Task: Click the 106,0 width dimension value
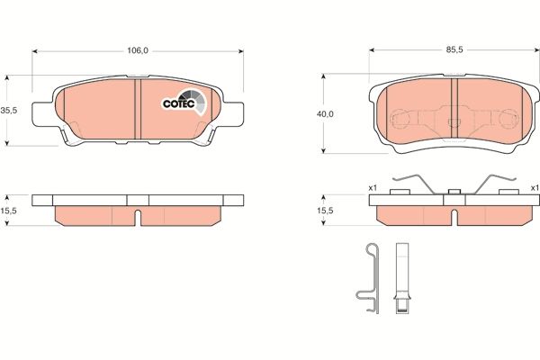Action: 136,50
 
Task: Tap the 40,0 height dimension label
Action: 324,114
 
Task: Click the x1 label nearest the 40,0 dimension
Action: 372,188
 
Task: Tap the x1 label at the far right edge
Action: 534,188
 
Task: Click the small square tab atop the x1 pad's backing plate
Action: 454,190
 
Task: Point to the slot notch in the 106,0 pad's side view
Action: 138,216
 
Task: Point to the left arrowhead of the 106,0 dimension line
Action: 36,51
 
